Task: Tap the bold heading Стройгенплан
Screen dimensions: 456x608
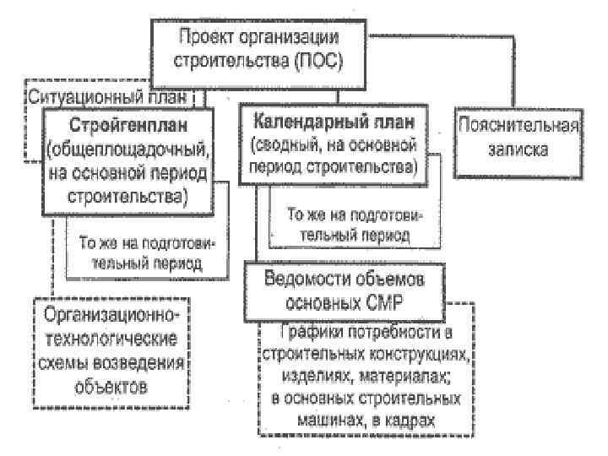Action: pos(127,126)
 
